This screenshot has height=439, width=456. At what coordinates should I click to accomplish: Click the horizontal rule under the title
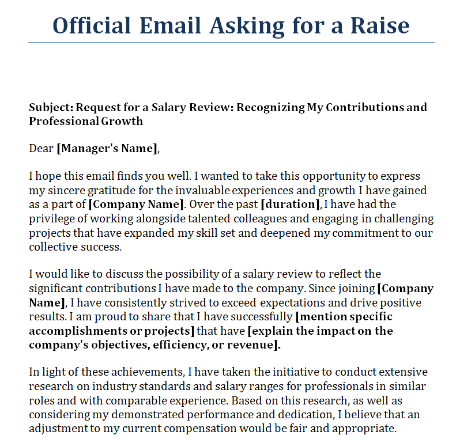pyautogui.click(x=231, y=42)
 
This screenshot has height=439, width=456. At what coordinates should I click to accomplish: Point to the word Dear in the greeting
pyautogui.click(x=41, y=149)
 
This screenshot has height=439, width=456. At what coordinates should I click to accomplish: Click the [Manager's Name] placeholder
pyautogui.click(x=107, y=149)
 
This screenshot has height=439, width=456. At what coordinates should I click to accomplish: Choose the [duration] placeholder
pyautogui.click(x=290, y=204)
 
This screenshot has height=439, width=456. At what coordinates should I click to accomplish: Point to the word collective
pyautogui.click(x=51, y=247)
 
